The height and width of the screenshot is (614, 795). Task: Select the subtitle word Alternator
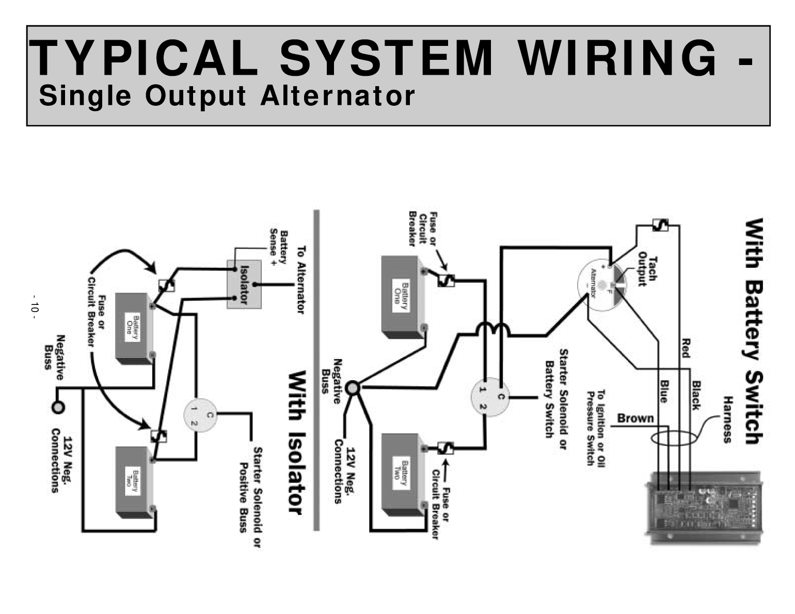click(x=338, y=96)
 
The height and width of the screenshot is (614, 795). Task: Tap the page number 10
click(x=34, y=308)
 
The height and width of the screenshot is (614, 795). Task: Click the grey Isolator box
click(x=244, y=284)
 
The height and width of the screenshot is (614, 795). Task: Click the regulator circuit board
click(x=705, y=508)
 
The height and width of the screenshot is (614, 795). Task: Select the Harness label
click(x=728, y=419)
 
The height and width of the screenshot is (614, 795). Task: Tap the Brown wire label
click(x=635, y=418)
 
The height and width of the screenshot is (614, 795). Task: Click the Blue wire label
click(x=664, y=391)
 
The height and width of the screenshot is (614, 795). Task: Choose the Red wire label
click(x=686, y=348)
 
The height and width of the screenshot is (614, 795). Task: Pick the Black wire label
click(x=696, y=395)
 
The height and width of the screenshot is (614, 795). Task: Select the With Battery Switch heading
click(x=753, y=331)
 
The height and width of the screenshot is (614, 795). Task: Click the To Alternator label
click(x=301, y=279)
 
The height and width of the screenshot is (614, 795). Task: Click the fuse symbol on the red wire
click(x=660, y=225)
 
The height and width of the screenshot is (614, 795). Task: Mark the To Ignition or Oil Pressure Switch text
click(x=595, y=428)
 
